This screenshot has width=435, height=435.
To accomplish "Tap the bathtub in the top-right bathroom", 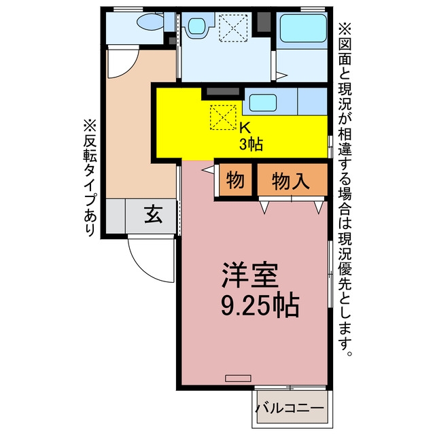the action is pyautogui.click(x=303, y=28).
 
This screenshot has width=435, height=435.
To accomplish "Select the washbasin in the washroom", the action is pyautogui.click(x=198, y=26).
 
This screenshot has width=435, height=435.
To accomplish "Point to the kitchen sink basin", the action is pyautogui.click(x=263, y=103).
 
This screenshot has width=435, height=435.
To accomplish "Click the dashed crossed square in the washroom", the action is pyautogui.click(x=233, y=28).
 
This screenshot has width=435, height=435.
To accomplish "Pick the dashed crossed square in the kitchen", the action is pyautogui.click(x=223, y=118).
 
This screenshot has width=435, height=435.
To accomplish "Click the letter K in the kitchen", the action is pyautogui.click(x=245, y=128).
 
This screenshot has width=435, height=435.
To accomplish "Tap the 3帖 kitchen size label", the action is pyautogui.click(x=251, y=143).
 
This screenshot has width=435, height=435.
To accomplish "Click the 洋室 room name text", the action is pyautogui.click(x=249, y=275).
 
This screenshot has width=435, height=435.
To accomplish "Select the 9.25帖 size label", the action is pyautogui.click(x=260, y=306).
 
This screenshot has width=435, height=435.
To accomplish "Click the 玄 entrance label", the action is pyautogui.click(x=153, y=215).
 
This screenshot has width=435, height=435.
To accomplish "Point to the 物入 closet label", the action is pyautogui.click(x=290, y=181).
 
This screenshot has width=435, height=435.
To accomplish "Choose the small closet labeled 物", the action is pyautogui.click(x=235, y=179).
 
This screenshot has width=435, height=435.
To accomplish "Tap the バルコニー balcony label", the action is pyautogui.click(x=290, y=408).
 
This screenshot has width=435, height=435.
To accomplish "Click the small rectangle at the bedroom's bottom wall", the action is pyautogui.click(x=238, y=378).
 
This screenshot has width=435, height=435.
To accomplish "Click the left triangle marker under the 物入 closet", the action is pyautogui.click(x=264, y=207).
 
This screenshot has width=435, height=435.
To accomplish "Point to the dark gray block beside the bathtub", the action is pyautogui.click(x=264, y=22).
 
